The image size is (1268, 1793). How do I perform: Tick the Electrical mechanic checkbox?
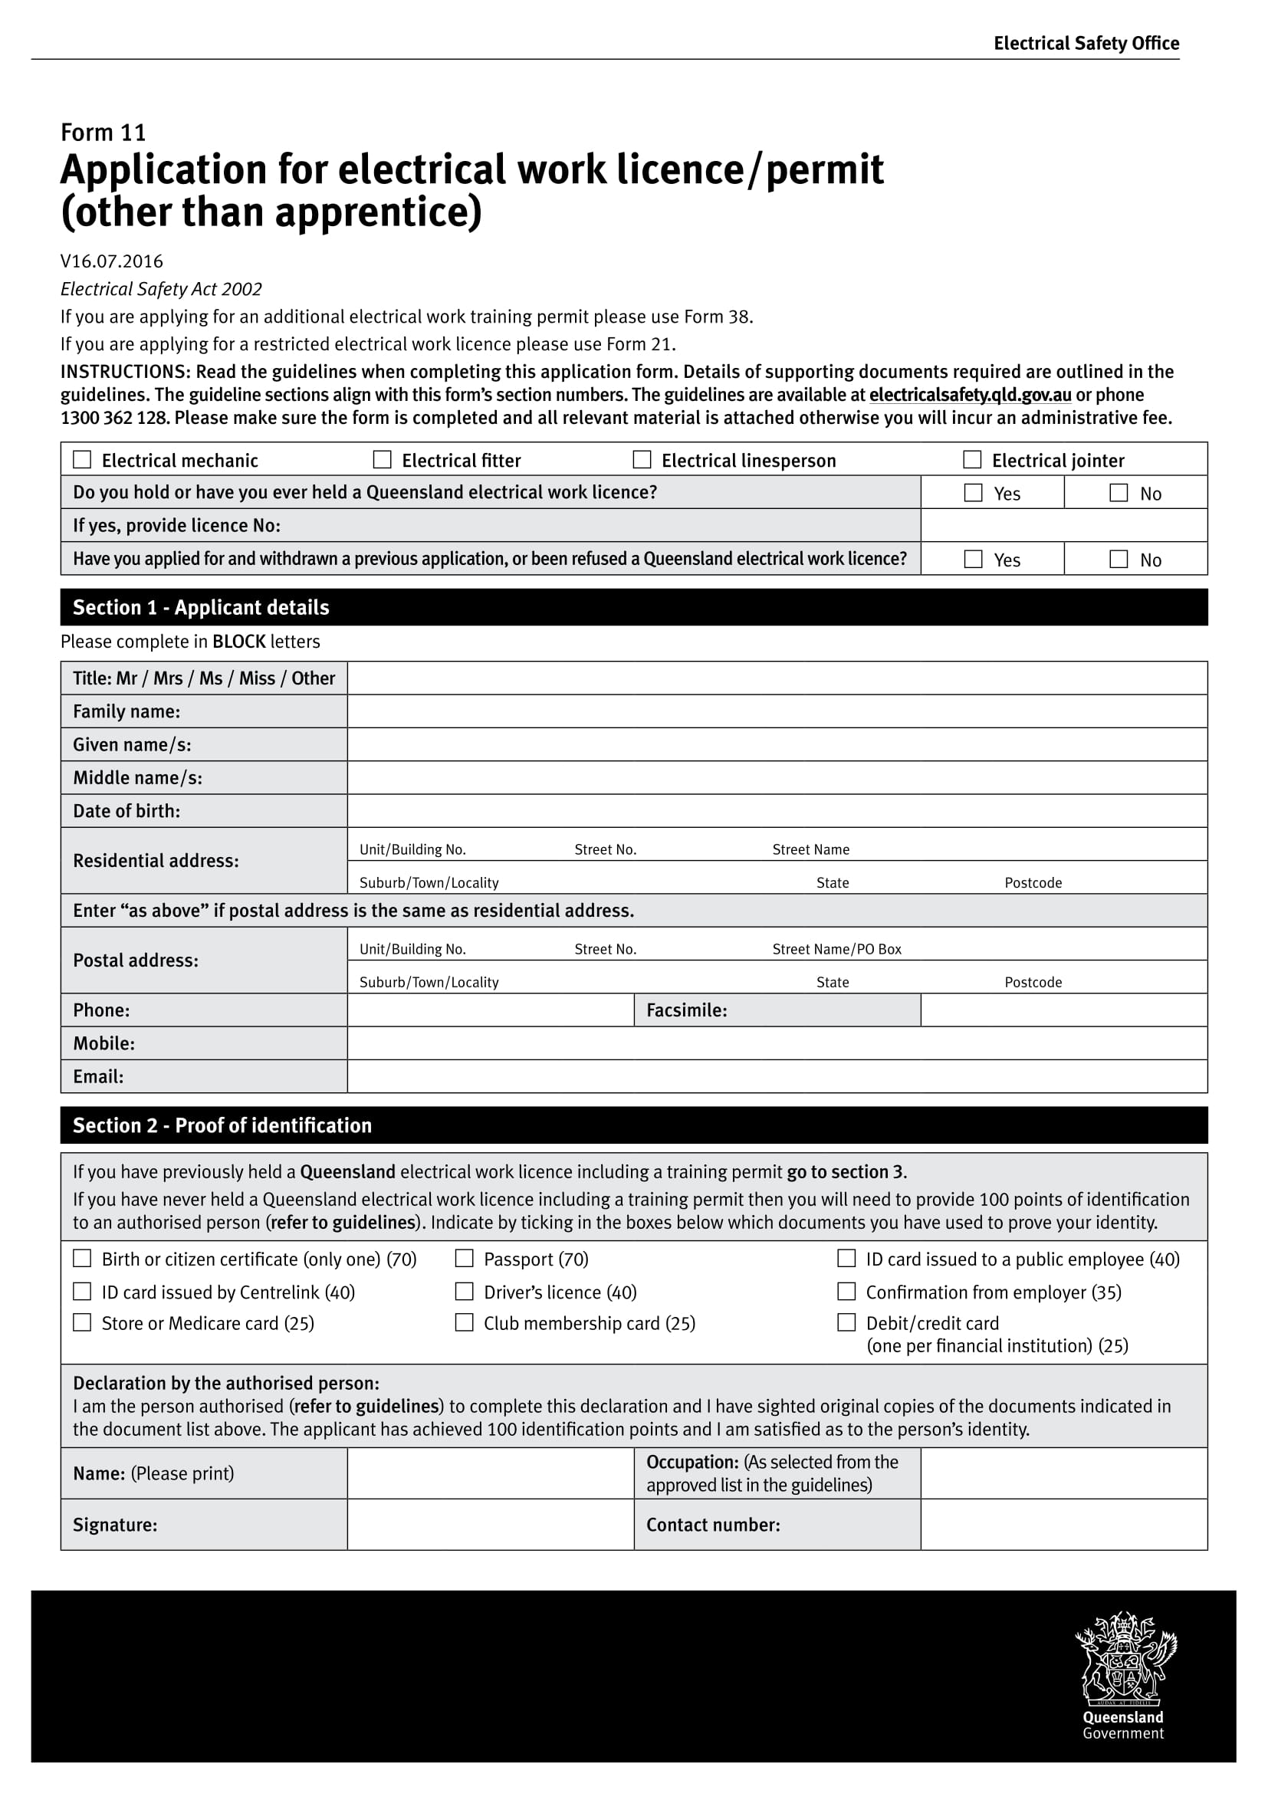click(x=82, y=459)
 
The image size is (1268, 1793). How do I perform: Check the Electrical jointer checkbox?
click(x=972, y=459)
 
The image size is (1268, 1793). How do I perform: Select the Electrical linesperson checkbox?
click(x=642, y=459)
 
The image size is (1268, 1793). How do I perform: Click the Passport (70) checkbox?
click(x=465, y=1258)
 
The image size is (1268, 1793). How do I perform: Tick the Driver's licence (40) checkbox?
click(x=465, y=1292)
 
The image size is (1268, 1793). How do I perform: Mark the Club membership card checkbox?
click(x=465, y=1322)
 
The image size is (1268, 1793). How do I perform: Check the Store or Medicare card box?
click(x=82, y=1322)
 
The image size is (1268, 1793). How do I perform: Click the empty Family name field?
click(x=777, y=711)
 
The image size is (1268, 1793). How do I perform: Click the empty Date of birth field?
click(x=777, y=810)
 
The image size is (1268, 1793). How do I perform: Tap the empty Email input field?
click(x=777, y=1076)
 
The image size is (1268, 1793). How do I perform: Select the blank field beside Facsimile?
click(x=1063, y=1010)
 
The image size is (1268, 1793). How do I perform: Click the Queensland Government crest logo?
click(x=1125, y=1659)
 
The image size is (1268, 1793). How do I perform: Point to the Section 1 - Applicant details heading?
click(x=201, y=608)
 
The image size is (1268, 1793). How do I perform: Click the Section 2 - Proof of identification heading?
click(x=222, y=1125)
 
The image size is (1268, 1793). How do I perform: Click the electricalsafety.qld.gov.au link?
click(x=970, y=395)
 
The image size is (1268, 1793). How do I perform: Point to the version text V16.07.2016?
click(x=112, y=261)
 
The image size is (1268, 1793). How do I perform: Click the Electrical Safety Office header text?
click(x=1086, y=43)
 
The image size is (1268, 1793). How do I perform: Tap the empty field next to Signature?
click(x=491, y=1525)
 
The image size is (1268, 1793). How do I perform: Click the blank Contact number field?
click(x=1063, y=1525)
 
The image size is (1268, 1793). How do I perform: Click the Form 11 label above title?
click(x=103, y=132)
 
